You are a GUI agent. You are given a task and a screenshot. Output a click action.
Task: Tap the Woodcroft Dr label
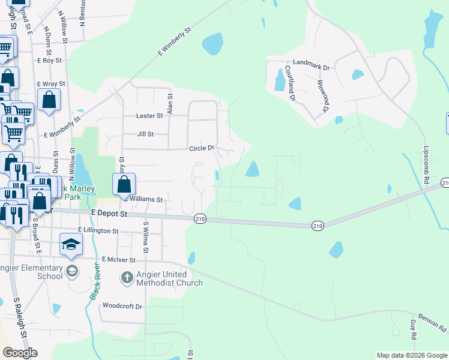pyautogui.click(x=122, y=306)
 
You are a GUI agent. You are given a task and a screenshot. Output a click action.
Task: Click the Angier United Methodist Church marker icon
pyautogui.click(x=127, y=277)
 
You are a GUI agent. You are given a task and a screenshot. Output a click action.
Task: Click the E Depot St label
pyautogui.click(x=109, y=213)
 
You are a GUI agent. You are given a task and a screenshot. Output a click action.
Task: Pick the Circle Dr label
pyautogui.click(x=202, y=148)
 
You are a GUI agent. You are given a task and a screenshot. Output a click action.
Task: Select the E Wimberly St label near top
pyautogui.click(x=174, y=41)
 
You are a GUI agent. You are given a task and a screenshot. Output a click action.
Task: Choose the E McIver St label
pyautogui.click(x=119, y=259)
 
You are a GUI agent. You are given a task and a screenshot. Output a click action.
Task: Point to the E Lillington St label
pyautogui.click(x=98, y=230)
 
